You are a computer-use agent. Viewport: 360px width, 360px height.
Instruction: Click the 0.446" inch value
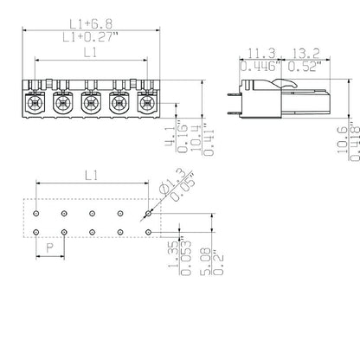point(257,66)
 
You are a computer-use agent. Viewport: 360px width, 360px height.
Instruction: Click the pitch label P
point(49,247)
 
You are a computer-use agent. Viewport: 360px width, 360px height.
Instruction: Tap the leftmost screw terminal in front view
point(35,104)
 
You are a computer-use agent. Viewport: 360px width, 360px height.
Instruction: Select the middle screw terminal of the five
point(90,104)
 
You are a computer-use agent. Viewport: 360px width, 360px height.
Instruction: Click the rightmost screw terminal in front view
point(145,104)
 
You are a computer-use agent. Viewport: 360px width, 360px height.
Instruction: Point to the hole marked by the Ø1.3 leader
point(148,212)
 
